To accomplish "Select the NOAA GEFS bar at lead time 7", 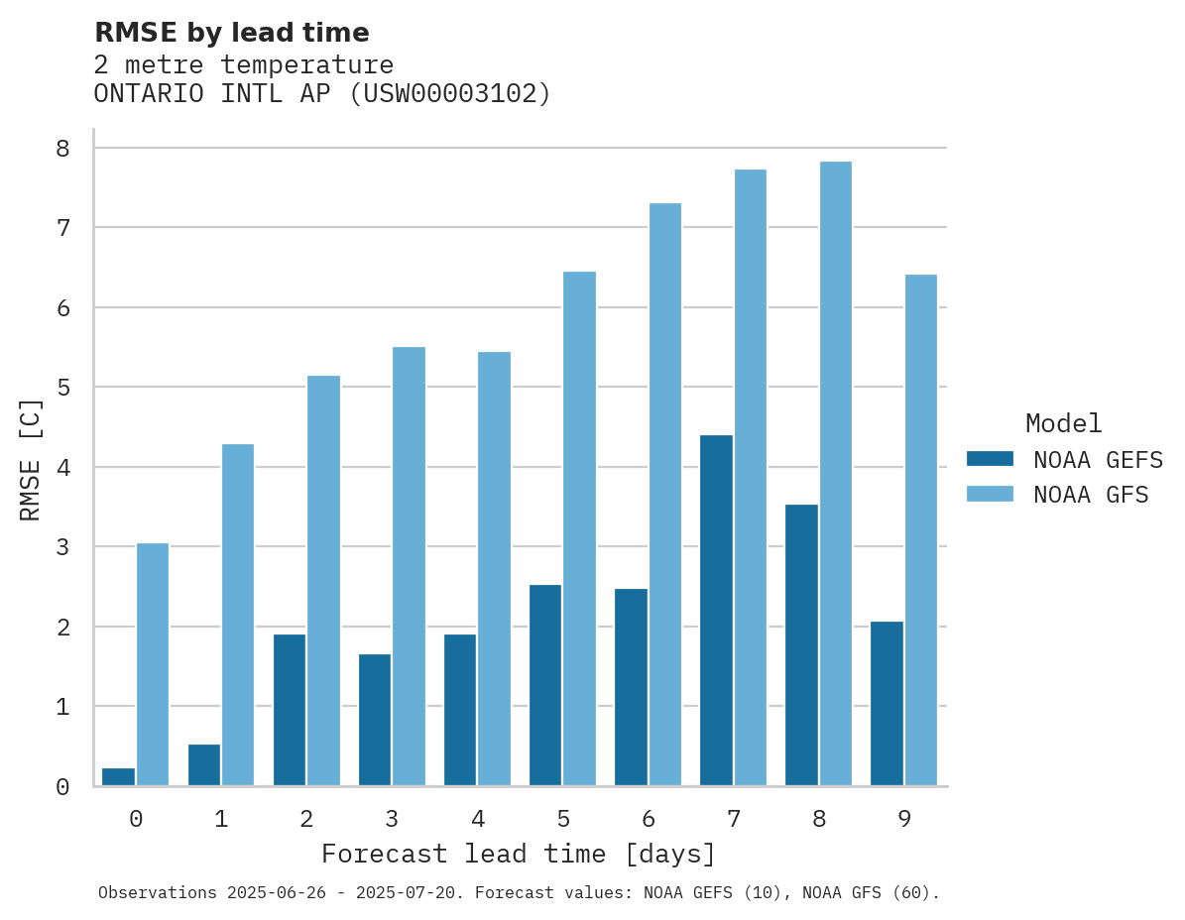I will (x=716, y=610).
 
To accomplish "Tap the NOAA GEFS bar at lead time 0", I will (x=118, y=776).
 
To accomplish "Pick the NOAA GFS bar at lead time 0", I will (x=152, y=664).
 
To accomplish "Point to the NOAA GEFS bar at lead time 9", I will (x=887, y=703).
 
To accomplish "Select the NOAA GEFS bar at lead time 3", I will (x=375, y=720).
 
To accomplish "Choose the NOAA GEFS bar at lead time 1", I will (x=204, y=764).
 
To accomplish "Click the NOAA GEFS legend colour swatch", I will (x=990, y=459).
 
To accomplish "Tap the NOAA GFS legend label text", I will (x=1091, y=495).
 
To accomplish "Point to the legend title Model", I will (x=1063, y=424).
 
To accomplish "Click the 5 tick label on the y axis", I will (x=62, y=387).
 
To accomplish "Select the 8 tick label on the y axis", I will (x=62, y=148).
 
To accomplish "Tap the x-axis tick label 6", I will (x=649, y=819).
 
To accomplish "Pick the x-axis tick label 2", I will (x=306, y=819).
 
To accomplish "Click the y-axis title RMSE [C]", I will (x=32, y=459).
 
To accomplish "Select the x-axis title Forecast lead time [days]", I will (x=518, y=855).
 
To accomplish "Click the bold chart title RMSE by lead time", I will (x=231, y=33).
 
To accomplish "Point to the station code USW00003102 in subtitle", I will (x=451, y=94).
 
